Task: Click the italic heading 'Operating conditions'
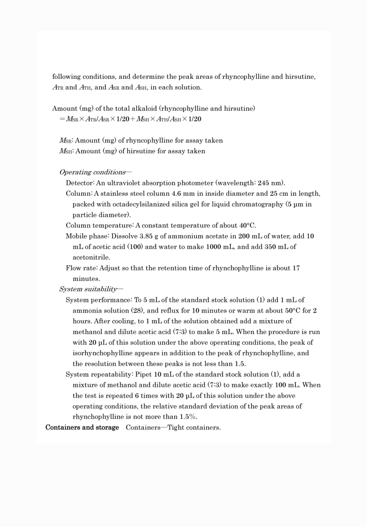(92, 172)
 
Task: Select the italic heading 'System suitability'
(88, 289)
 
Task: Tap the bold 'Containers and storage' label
(82, 428)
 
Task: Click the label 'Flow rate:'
(82, 268)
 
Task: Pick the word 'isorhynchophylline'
(103, 353)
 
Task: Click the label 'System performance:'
(99, 300)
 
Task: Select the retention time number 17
(296, 268)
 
